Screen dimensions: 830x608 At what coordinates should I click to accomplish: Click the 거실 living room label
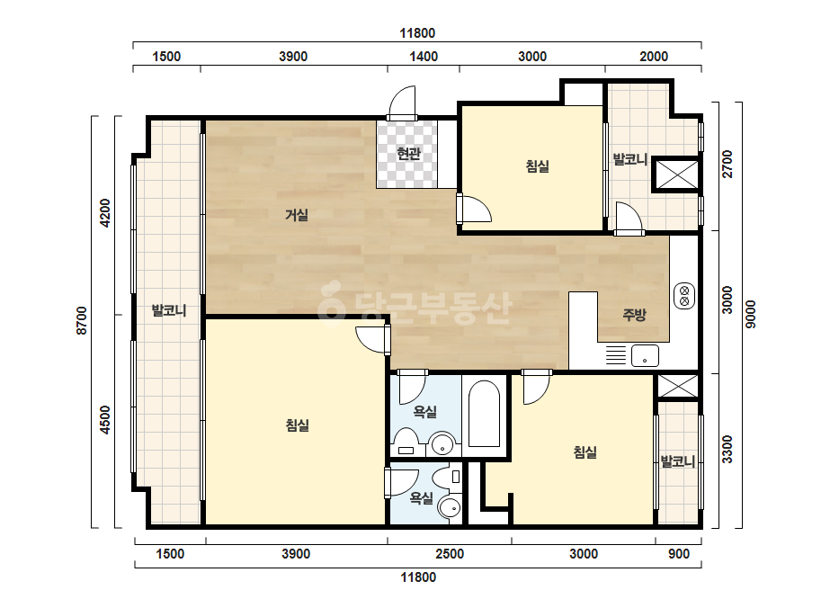pyautogui.click(x=297, y=215)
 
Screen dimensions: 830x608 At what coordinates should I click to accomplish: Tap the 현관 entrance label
pyautogui.click(x=408, y=154)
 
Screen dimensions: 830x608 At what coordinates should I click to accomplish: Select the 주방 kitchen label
pyautogui.click(x=634, y=315)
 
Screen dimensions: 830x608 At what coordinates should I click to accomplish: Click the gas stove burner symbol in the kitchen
pyautogui.click(x=684, y=296)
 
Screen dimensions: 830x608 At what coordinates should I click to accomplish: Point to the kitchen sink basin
pyautogui.click(x=645, y=355)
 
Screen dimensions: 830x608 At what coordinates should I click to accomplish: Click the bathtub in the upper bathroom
pyautogui.click(x=483, y=414)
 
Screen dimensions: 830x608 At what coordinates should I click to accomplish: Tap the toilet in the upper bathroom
pyautogui.click(x=406, y=443)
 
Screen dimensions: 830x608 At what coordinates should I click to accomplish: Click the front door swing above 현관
pyautogui.click(x=402, y=103)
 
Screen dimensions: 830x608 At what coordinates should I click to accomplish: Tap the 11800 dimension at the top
pyautogui.click(x=417, y=33)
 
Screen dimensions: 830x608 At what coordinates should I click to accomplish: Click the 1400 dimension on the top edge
pyautogui.click(x=424, y=57)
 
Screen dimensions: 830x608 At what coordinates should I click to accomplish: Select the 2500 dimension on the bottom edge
pyautogui.click(x=450, y=554)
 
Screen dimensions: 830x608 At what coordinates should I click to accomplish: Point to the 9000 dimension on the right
pyautogui.click(x=751, y=315)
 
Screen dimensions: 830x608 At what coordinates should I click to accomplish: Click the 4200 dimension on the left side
pyautogui.click(x=105, y=213)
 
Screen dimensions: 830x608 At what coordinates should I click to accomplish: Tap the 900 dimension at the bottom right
pyautogui.click(x=679, y=554)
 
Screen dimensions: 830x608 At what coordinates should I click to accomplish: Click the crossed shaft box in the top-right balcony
pyautogui.click(x=676, y=174)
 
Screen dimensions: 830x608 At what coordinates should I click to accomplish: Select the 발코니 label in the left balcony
pyautogui.click(x=169, y=310)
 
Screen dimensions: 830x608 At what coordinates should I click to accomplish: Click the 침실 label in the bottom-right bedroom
pyautogui.click(x=585, y=452)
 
